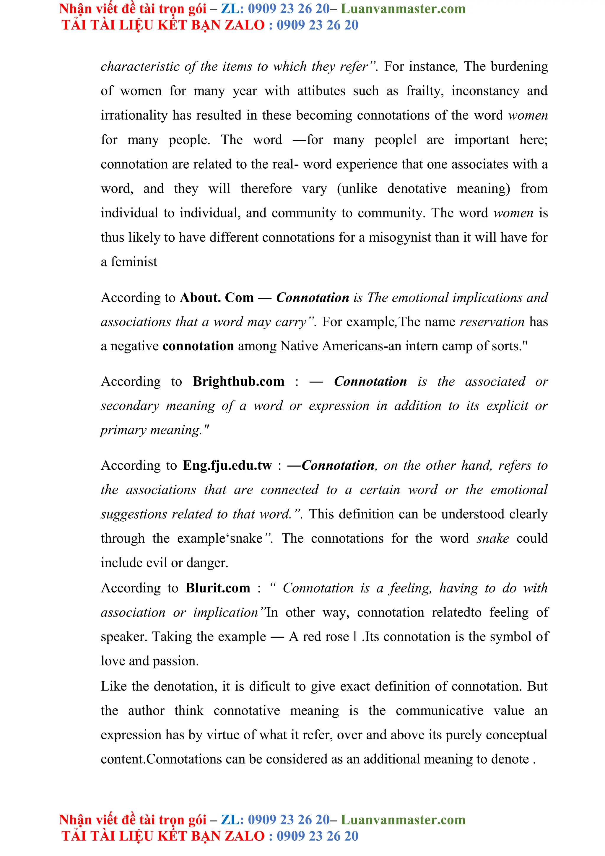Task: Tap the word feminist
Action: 134,262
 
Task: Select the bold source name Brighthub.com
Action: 239,381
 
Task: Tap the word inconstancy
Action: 485,91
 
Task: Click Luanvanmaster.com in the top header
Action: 403,9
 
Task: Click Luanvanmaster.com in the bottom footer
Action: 403,820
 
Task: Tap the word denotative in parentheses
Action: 417,189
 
